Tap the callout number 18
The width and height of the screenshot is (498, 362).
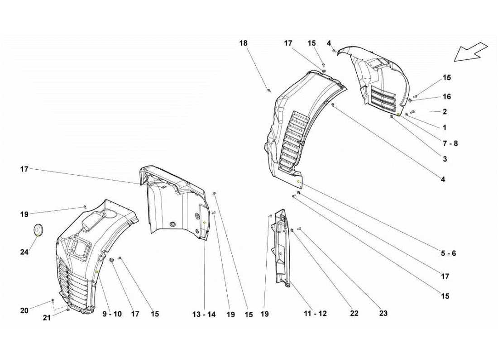click(244, 43)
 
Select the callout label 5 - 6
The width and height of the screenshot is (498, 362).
click(448, 253)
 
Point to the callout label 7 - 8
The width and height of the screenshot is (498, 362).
click(450, 143)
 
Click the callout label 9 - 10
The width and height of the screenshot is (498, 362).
click(111, 314)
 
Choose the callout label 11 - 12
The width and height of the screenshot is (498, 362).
click(316, 313)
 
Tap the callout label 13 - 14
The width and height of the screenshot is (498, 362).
click(205, 314)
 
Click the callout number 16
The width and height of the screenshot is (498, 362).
click(447, 97)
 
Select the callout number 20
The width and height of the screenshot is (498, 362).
click(24, 310)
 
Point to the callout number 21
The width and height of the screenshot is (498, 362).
click(47, 318)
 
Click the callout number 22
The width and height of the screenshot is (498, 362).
click(354, 313)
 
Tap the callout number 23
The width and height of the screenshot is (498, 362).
click(383, 313)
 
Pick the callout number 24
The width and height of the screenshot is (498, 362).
click(24, 252)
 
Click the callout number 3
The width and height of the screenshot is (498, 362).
click(445, 159)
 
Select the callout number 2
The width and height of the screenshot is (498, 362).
click(445, 112)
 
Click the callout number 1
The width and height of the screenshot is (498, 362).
click(445, 128)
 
